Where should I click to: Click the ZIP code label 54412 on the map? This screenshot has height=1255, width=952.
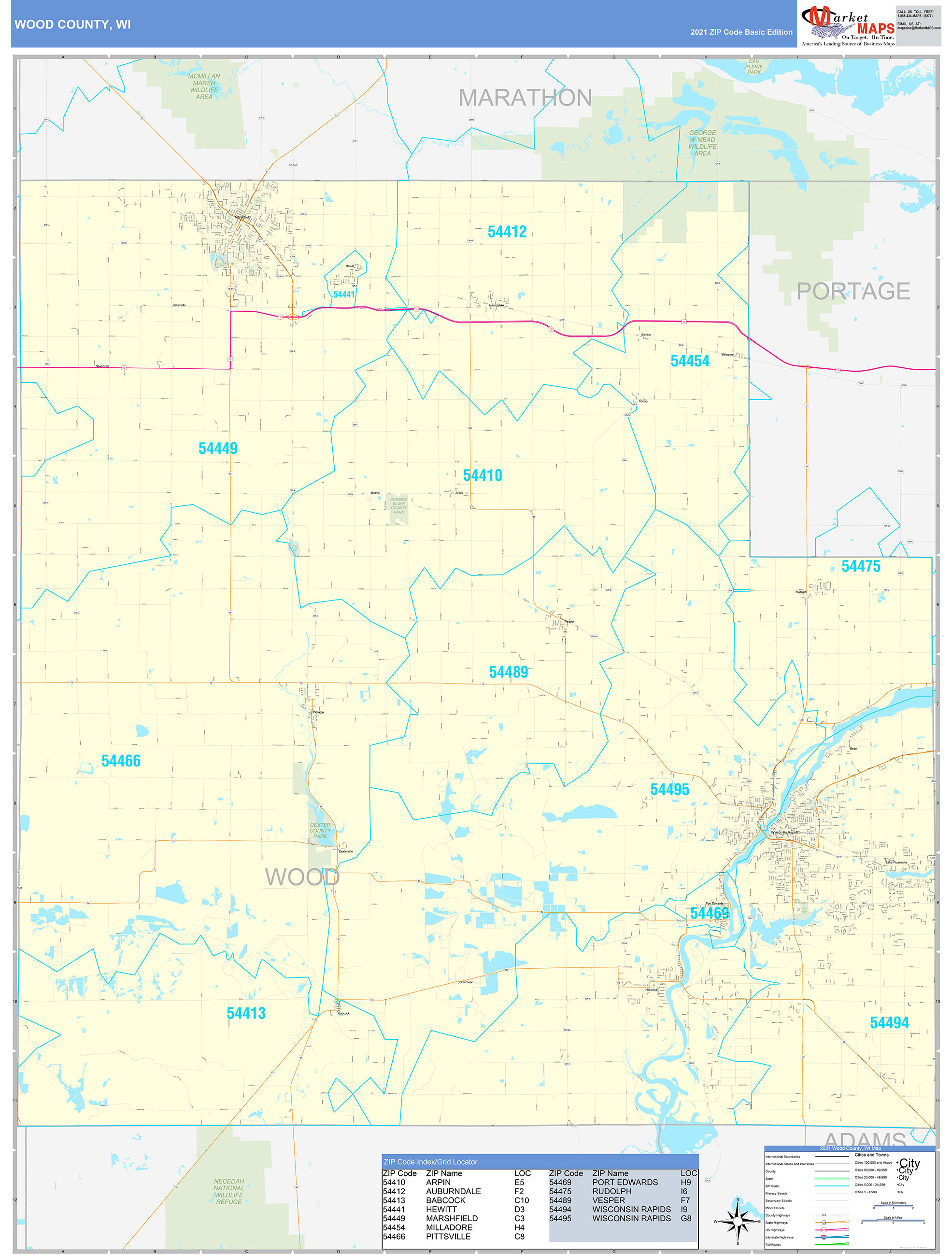pyautogui.click(x=507, y=232)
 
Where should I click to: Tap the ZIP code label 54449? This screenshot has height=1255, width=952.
pyautogui.click(x=218, y=448)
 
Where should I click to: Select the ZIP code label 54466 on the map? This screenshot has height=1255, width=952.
pyautogui.click(x=121, y=761)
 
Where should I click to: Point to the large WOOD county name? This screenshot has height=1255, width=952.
pyautogui.click(x=302, y=877)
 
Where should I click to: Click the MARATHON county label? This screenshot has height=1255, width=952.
pyautogui.click(x=525, y=98)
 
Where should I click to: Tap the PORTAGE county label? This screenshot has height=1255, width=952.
pyautogui.click(x=853, y=291)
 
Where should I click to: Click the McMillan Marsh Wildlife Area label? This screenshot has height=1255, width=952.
pyautogui.click(x=204, y=86)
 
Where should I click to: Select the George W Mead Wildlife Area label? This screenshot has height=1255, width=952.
pyautogui.click(x=702, y=143)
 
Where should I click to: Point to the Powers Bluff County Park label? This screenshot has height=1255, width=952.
pyautogui.click(x=398, y=505)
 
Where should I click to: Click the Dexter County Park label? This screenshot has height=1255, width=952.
pyautogui.click(x=320, y=830)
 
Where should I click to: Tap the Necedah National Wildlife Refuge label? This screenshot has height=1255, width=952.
pyautogui.click(x=229, y=1191)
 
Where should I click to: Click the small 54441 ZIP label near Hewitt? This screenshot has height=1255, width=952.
pyautogui.click(x=344, y=294)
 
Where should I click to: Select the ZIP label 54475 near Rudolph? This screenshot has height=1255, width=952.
pyautogui.click(x=861, y=566)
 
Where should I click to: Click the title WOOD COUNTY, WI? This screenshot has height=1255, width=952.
pyautogui.click(x=72, y=25)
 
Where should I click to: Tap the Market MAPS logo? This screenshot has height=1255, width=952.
pyautogui.click(x=848, y=25)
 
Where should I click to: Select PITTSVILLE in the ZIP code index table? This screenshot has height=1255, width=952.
pyautogui.click(x=448, y=1236)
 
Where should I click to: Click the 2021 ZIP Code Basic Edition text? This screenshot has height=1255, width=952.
pyautogui.click(x=741, y=32)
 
